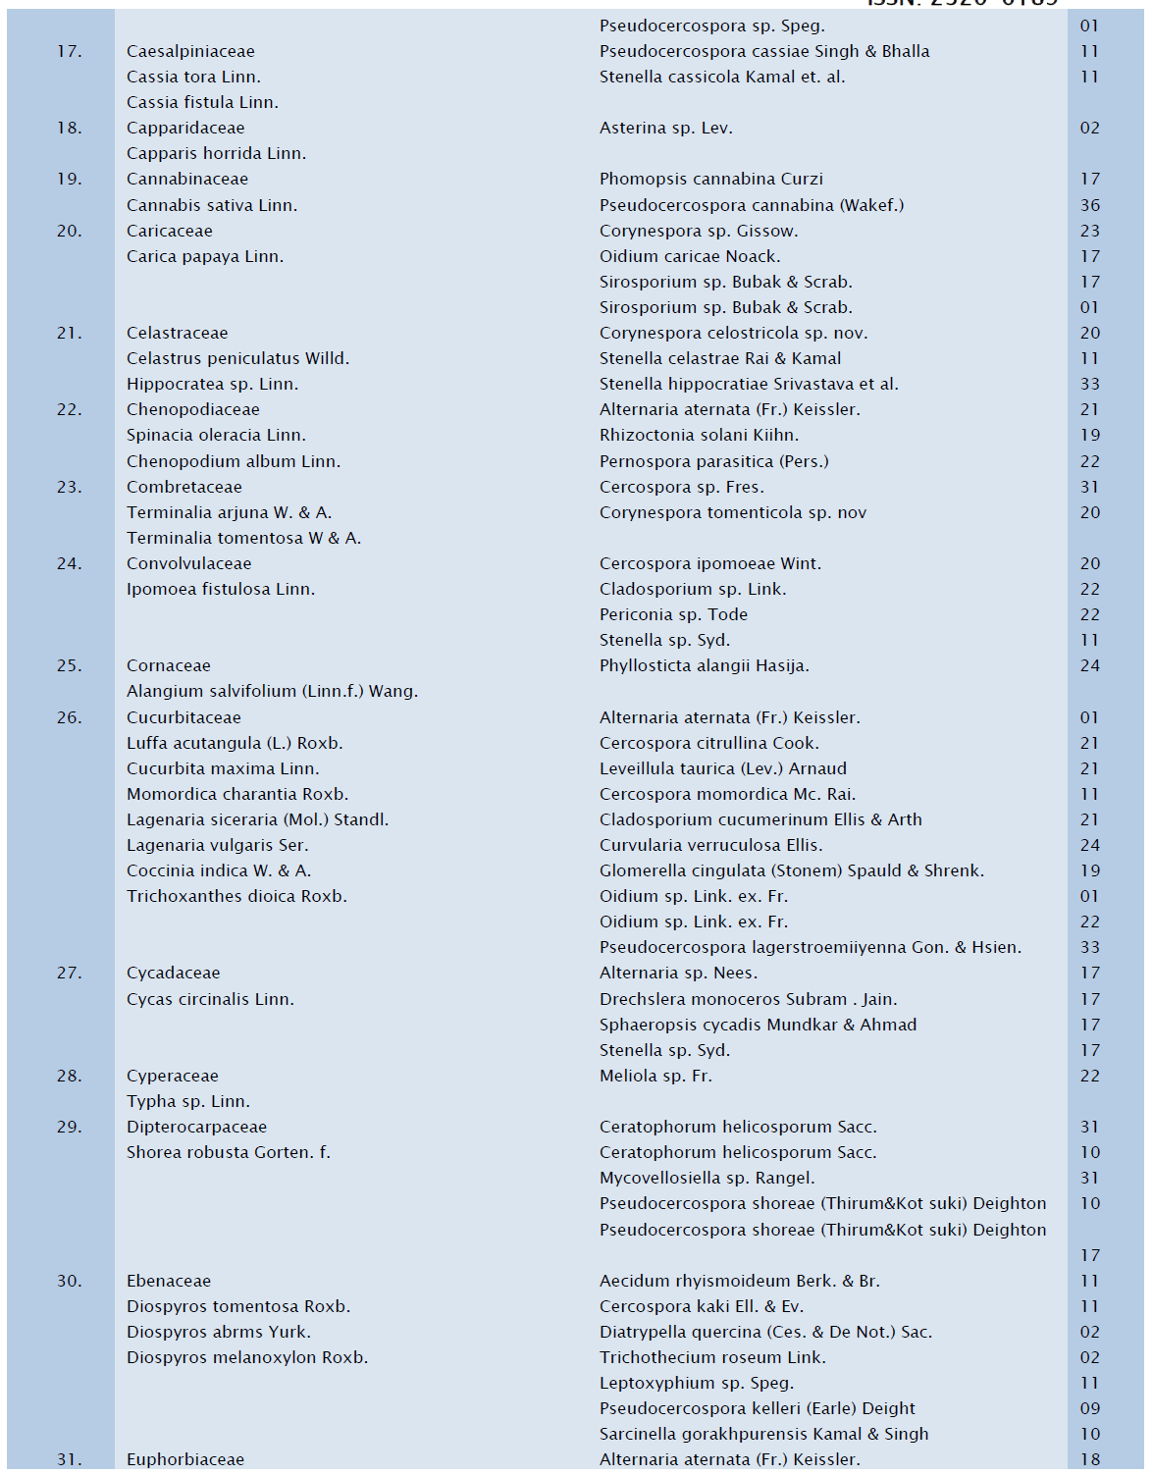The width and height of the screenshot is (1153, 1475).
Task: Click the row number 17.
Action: click(69, 51)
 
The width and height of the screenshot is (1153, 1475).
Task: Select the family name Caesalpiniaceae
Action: click(190, 51)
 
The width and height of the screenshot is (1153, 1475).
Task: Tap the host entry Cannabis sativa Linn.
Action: click(212, 205)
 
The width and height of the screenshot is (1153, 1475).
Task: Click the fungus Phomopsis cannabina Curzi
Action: click(711, 179)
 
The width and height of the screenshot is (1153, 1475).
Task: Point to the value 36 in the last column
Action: click(1090, 205)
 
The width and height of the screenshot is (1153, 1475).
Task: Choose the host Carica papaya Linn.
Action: click(205, 256)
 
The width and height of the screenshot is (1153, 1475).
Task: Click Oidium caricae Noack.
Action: click(690, 256)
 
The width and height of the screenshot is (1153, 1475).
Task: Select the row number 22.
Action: click(69, 409)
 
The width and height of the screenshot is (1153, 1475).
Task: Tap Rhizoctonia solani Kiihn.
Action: click(699, 435)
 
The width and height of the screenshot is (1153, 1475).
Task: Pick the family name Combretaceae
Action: click(184, 487)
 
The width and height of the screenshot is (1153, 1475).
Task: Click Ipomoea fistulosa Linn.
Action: click(221, 589)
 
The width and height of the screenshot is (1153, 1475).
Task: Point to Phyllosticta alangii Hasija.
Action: click(705, 665)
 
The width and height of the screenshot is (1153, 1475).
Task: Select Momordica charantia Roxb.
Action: click(237, 794)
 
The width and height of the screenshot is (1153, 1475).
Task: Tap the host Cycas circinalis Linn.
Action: click(210, 999)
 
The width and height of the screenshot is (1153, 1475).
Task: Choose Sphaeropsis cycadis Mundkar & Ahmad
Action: click(758, 1025)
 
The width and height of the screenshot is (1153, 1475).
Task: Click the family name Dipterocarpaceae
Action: click(196, 1127)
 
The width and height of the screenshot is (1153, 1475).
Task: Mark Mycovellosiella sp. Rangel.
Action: click(707, 1178)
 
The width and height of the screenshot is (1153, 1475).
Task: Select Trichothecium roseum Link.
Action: click(712, 1357)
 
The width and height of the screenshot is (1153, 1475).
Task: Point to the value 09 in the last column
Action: click(1090, 1408)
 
